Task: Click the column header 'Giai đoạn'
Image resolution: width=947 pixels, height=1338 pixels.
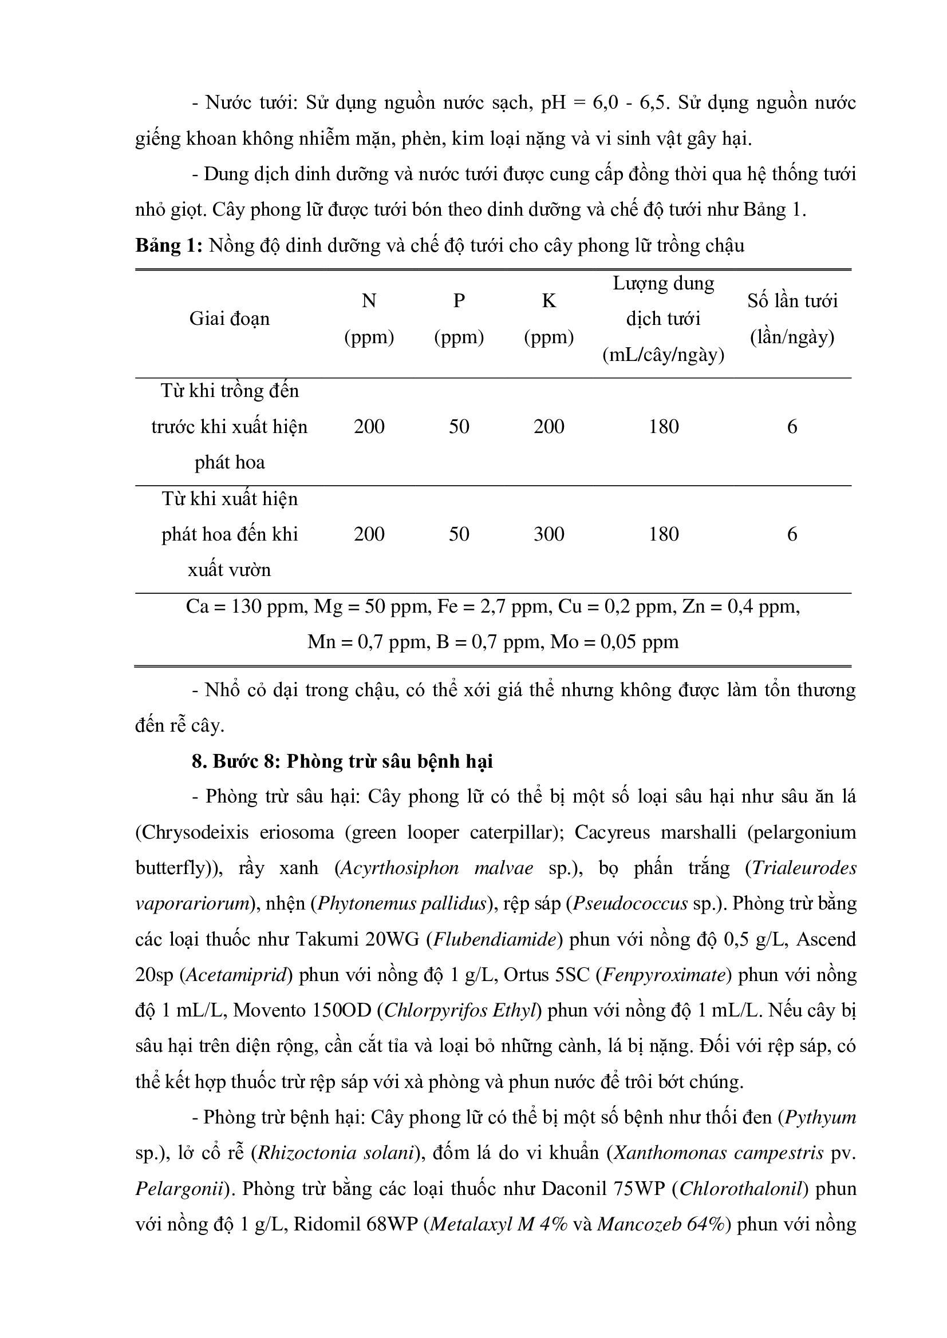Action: [229, 319]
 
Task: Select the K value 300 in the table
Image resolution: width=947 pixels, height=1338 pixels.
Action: [549, 534]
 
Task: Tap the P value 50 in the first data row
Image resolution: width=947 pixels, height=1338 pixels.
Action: [459, 427]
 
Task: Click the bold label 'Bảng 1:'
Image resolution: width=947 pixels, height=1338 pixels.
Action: [168, 245]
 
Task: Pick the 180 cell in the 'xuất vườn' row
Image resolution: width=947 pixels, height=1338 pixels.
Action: [664, 534]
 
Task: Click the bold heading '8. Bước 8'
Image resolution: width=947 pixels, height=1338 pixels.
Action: [237, 761]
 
